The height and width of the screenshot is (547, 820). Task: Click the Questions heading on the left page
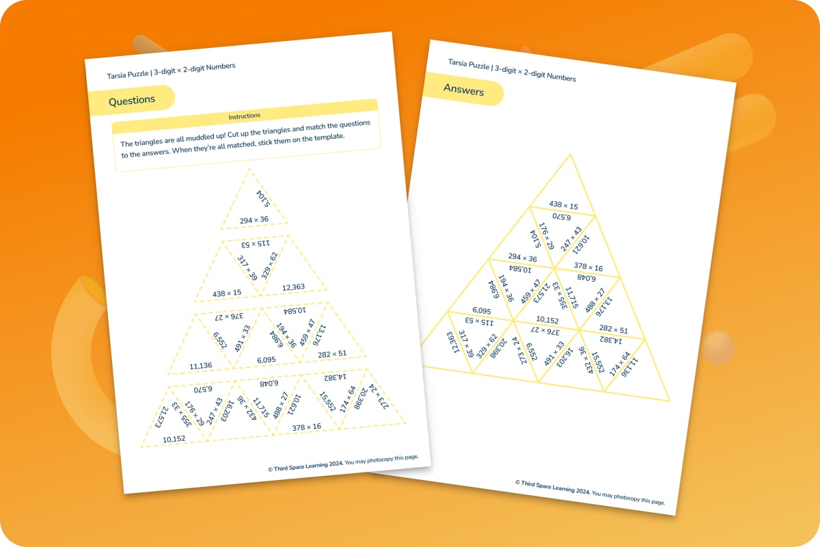(132, 100)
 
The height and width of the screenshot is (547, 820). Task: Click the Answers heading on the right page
(463, 90)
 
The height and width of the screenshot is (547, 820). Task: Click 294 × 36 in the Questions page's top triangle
(254, 219)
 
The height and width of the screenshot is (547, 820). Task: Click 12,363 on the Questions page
(294, 287)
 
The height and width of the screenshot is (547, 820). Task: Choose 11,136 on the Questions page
(200, 366)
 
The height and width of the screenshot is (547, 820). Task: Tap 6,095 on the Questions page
(266, 360)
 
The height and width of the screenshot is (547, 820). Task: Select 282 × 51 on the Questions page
(332, 353)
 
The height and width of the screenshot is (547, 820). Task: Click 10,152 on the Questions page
(174, 438)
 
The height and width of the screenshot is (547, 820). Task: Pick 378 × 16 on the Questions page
(306, 427)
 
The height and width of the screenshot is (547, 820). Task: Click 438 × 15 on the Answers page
(563, 205)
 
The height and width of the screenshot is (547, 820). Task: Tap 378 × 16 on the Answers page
(588, 267)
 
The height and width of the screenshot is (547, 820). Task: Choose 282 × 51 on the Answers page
(613, 330)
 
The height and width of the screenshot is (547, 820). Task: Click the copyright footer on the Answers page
(590, 492)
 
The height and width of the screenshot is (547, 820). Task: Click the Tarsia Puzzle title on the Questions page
(171, 70)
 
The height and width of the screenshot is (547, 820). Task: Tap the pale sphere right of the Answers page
(719, 347)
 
